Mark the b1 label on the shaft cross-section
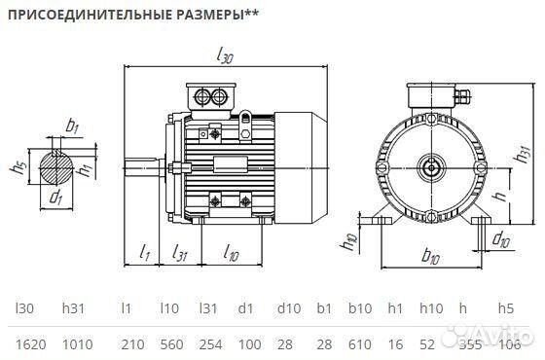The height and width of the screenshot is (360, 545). (72, 126)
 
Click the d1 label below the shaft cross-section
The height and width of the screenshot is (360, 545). (56, 199)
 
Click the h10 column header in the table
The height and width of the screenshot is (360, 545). (432, 308)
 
